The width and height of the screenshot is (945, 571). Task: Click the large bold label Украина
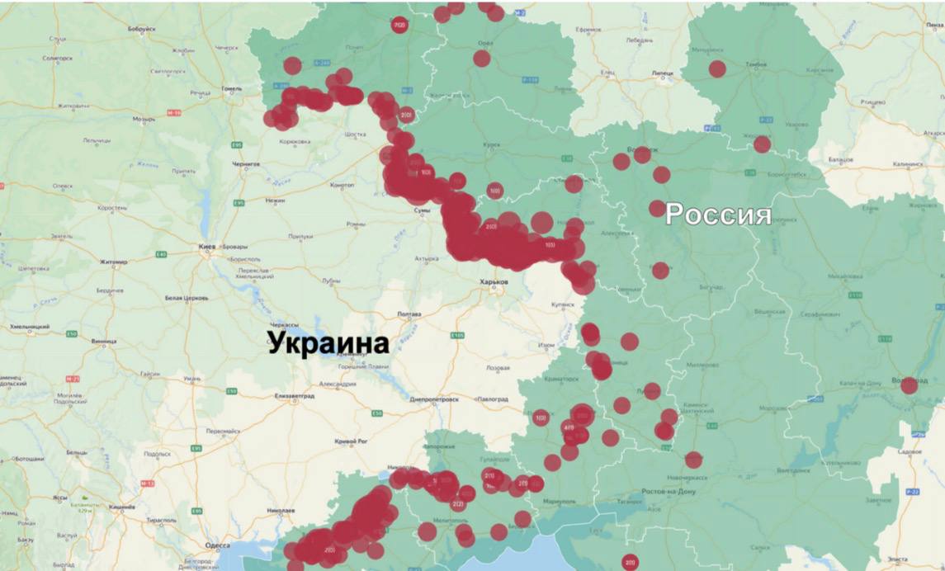tap(328, 342)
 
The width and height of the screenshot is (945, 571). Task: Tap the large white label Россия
tap(718, 215)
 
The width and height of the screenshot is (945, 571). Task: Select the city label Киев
tap(206, 247)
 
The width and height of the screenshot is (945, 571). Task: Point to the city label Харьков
tap(494, 282)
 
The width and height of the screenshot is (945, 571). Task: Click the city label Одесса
tap(219, 546)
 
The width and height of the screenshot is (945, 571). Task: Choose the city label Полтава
tap(409, 314)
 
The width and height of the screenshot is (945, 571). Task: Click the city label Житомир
tap(113, 262)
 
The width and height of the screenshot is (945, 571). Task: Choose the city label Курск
tap(492, 145)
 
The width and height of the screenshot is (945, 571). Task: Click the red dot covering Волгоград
tap(909, 385)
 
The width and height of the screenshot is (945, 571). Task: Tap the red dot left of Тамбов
tap(717, 69)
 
